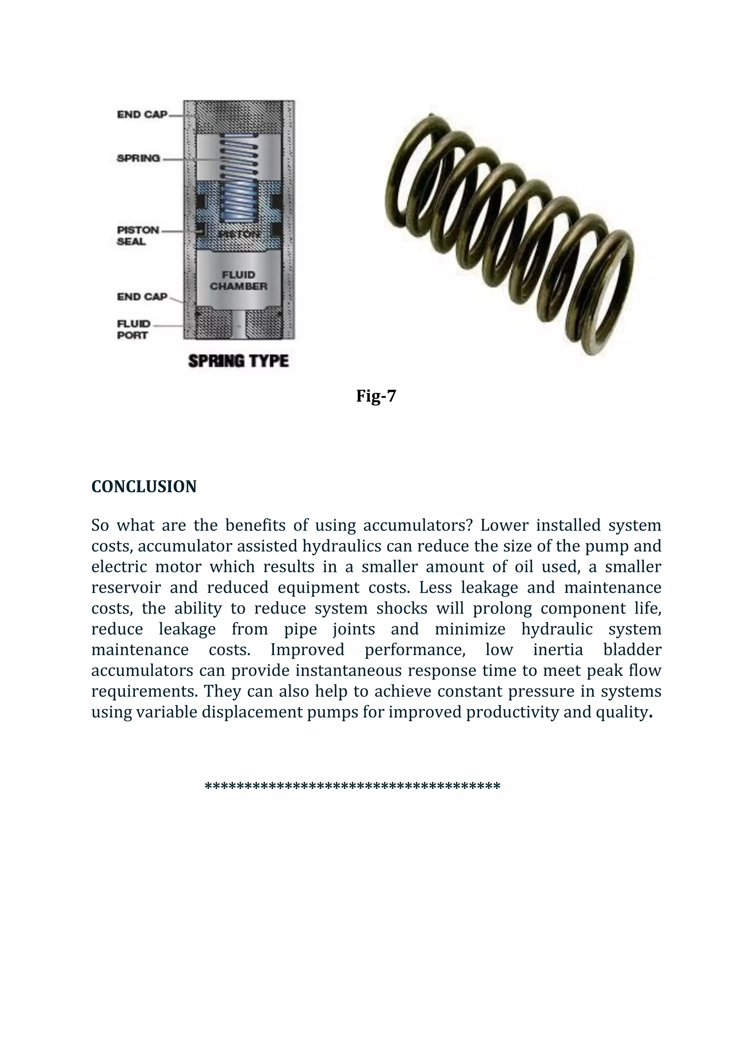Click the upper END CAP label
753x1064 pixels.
pyautogui.click(x=142, y=115)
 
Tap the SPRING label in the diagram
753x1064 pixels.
pyautogui.click(x=138, y=158)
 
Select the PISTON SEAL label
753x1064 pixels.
pyautogui.click(x=138, y=236)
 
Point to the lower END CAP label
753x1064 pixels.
pyautogui.click(x=142, y=296)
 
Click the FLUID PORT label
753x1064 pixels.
pyautogui.click(x=133, y=329)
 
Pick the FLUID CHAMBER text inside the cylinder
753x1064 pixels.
pyautogui.click(x=238, y=280)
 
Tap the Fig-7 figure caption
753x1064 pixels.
pyautogui.click(x=376, y=396)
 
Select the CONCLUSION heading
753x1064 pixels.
pyautogui.click(x=144, y=486)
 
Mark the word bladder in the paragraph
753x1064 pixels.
pyautogui.click(x=632, y=650)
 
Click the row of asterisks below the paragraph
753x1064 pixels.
pyautogui.click(x=352, y=786)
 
